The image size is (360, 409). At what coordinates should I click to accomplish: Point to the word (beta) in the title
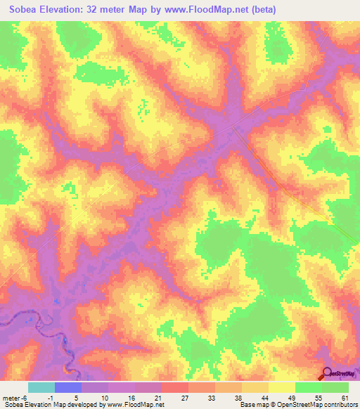point(259,10)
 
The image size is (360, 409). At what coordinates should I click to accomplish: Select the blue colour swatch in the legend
point(67,387)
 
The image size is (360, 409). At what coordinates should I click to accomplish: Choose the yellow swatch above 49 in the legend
point(281,387)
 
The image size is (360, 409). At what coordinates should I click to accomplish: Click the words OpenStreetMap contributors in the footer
point(323,405)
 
